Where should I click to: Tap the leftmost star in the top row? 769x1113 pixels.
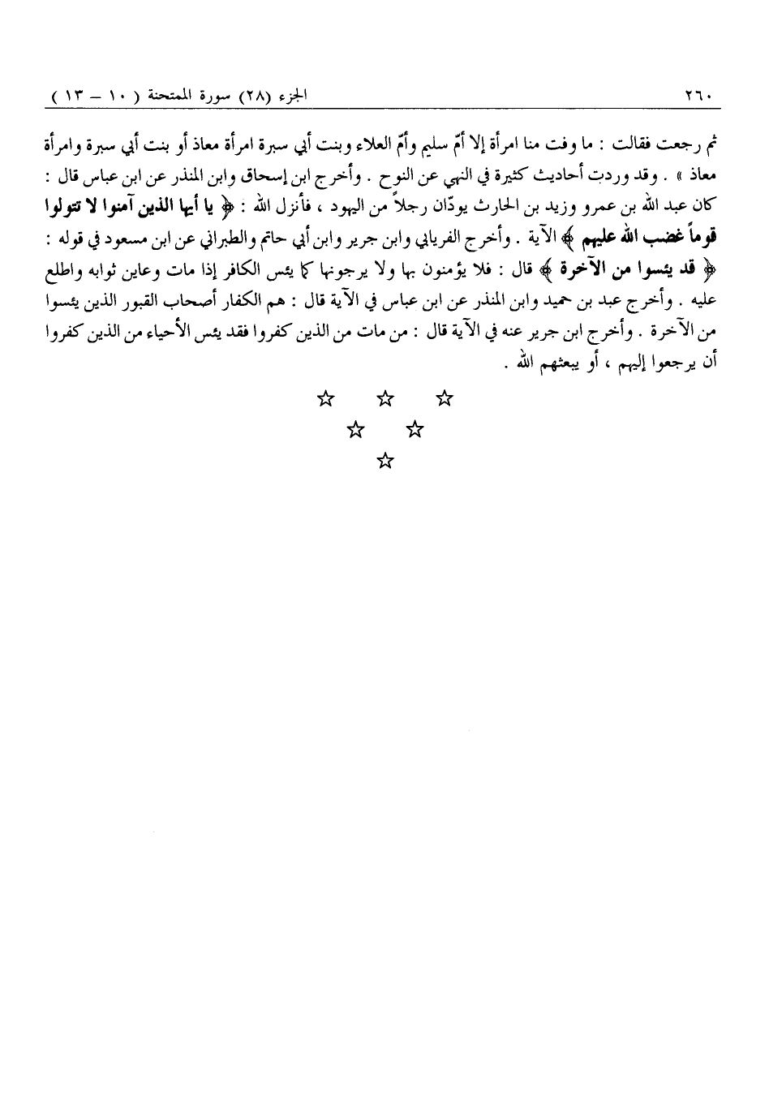(x=324, y=398)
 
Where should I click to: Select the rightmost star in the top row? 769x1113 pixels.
(x=444, y=398)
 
